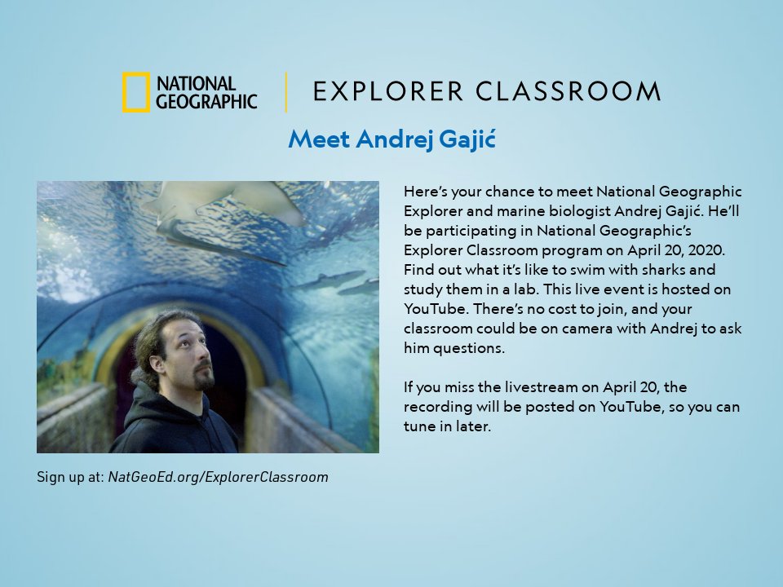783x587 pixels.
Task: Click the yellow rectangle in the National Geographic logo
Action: tap(136, 92)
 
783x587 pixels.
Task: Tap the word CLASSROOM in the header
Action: tap(568, 91)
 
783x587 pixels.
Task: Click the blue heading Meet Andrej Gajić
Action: tap(391, 139)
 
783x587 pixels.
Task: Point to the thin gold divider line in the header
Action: tap(286, 91)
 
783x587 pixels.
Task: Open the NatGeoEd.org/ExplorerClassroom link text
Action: tap(218, 477)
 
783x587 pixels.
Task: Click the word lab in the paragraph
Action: tap(524, 290)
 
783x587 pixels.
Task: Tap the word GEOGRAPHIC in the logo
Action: tap(206, 101)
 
